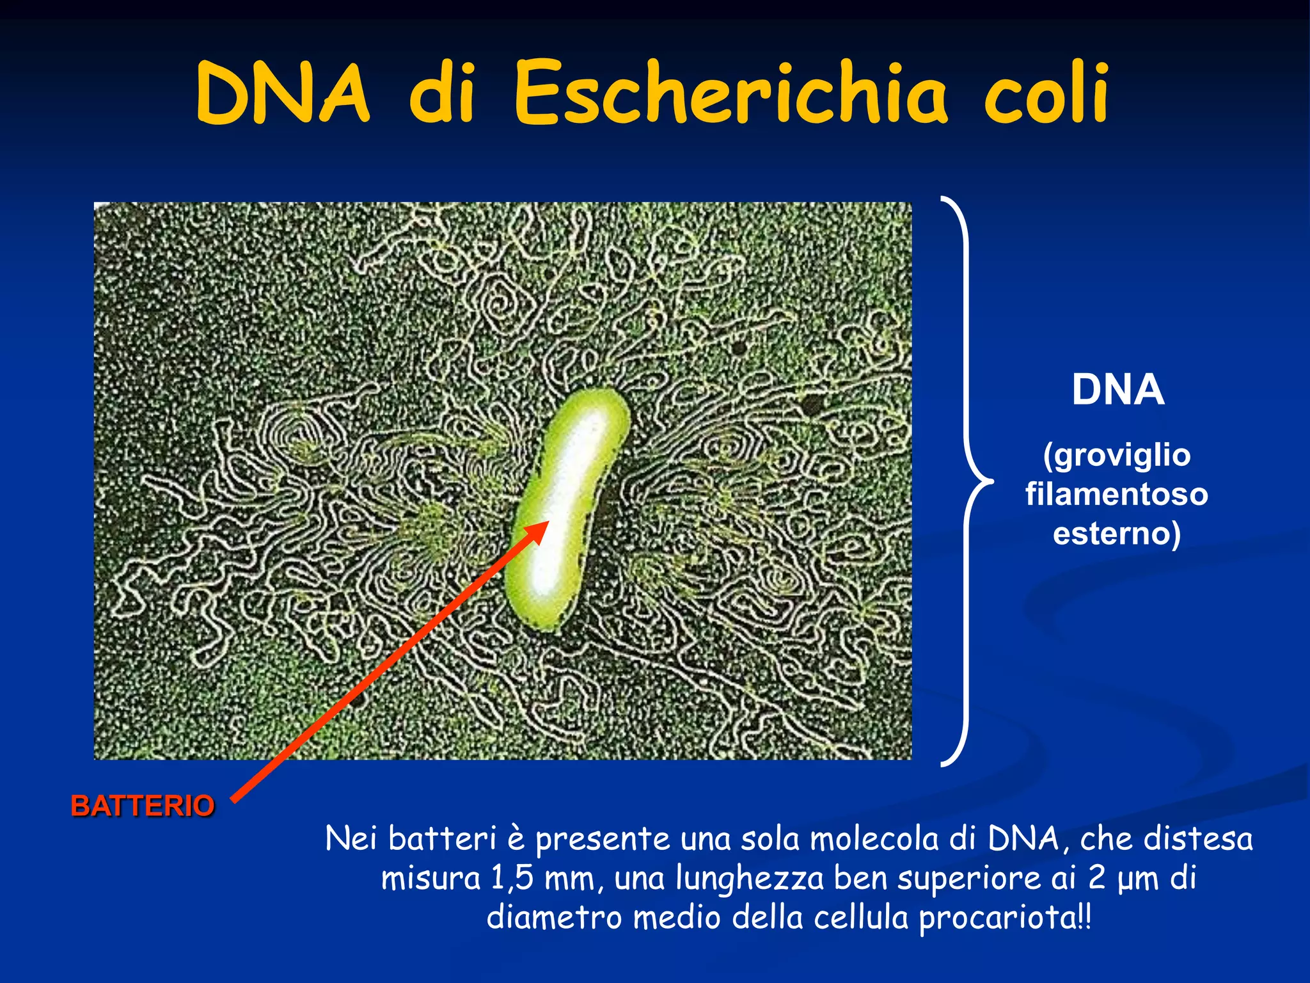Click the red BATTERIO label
coord(142,806)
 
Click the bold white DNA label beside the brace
coord(1117,390)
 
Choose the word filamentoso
coord(1117,495)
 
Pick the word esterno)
coord(1117,534)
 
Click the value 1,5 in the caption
coord(512,878)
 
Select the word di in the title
coord(441,95)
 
